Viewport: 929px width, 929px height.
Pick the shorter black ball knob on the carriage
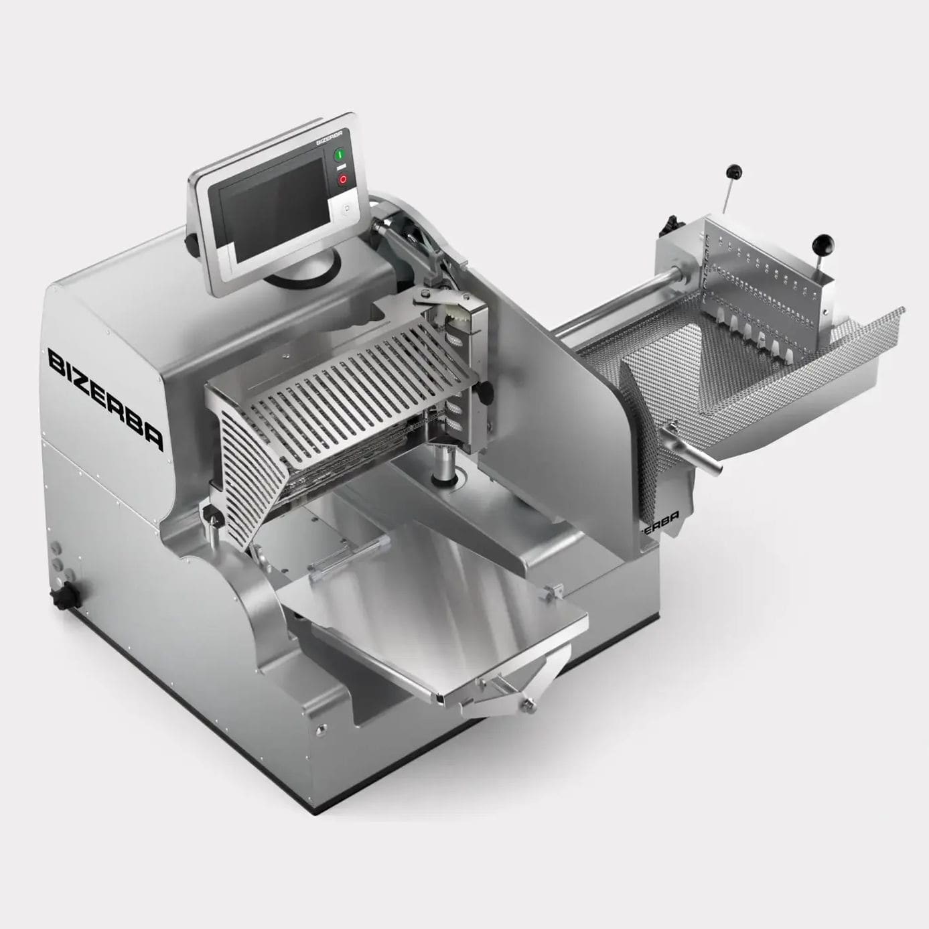[x=820, y=242]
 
